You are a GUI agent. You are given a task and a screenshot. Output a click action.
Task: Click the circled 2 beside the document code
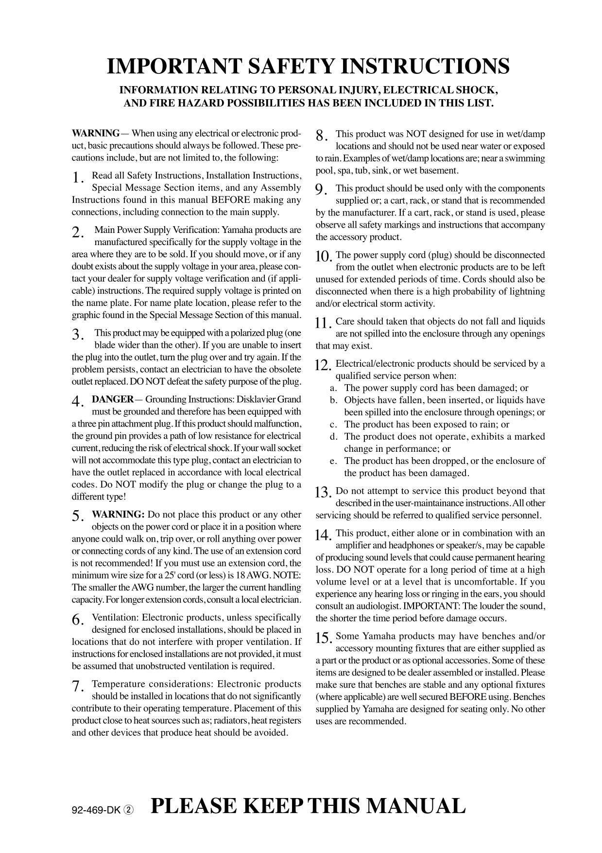click(x=128, y=810)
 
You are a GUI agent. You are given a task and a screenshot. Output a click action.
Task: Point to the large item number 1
click(x=76, y=179)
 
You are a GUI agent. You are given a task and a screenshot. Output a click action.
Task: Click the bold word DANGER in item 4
click(x=112, y=400)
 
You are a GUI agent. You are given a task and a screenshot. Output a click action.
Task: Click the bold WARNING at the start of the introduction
click(x=95, y=134)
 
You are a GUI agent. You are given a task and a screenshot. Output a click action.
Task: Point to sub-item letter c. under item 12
click(x=333, y=425)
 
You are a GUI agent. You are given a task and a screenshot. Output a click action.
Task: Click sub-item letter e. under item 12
click(x=333, y=461)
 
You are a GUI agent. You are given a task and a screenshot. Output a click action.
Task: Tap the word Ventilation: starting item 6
click(x=115, y=618)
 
